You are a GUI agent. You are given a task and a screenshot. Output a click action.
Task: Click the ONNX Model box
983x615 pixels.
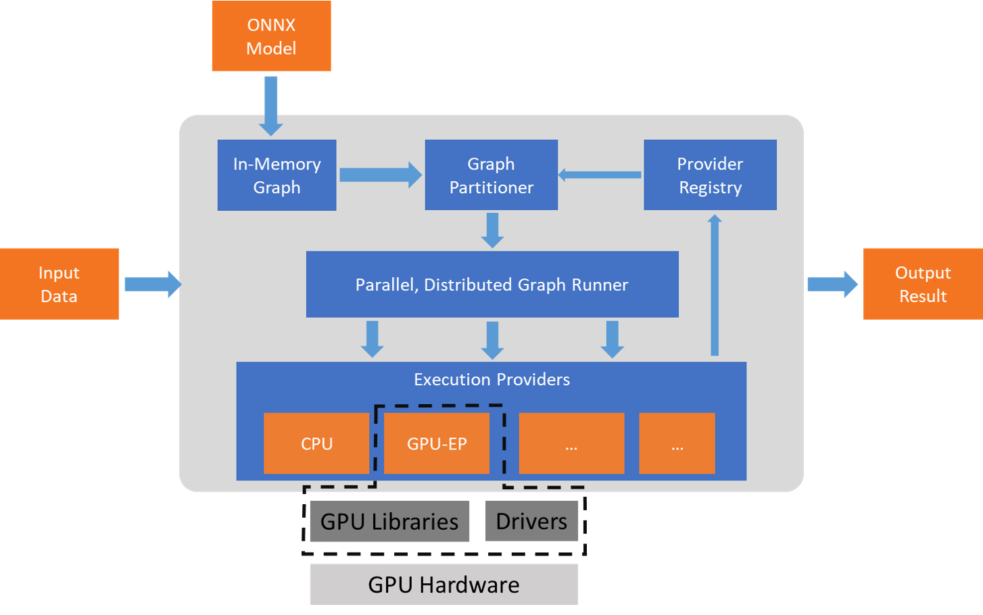(271, 36)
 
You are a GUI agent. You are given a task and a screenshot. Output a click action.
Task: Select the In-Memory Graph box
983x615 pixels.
(277, 175)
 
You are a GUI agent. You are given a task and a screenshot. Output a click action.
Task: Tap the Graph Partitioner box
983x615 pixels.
(491, 175)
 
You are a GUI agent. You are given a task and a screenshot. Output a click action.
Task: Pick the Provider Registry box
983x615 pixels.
(710, 175)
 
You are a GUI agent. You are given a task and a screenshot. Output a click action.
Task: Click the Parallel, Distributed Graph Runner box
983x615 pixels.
(492, 285)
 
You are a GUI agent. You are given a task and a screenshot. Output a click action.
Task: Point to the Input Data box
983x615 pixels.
(59, 284)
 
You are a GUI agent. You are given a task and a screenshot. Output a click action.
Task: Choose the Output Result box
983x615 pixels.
(923, 284)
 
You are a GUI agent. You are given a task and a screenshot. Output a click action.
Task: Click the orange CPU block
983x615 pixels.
(316, 443)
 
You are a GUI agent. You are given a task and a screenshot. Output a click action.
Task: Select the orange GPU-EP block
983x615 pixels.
(437, 443)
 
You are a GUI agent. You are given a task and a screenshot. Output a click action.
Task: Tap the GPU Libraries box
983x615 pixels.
(389, 521)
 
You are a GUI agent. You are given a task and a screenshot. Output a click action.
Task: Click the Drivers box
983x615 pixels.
(532, 521)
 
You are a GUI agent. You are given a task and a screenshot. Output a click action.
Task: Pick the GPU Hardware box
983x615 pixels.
(443, 584)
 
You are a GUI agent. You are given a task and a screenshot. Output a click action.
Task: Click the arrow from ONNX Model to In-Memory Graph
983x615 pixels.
(270, 105)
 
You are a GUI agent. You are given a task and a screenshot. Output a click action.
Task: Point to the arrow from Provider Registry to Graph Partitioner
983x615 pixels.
(600, 175)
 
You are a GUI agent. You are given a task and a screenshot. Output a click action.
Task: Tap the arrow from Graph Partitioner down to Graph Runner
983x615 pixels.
(492, 230)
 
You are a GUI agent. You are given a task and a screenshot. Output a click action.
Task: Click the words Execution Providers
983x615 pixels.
(491, 379)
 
